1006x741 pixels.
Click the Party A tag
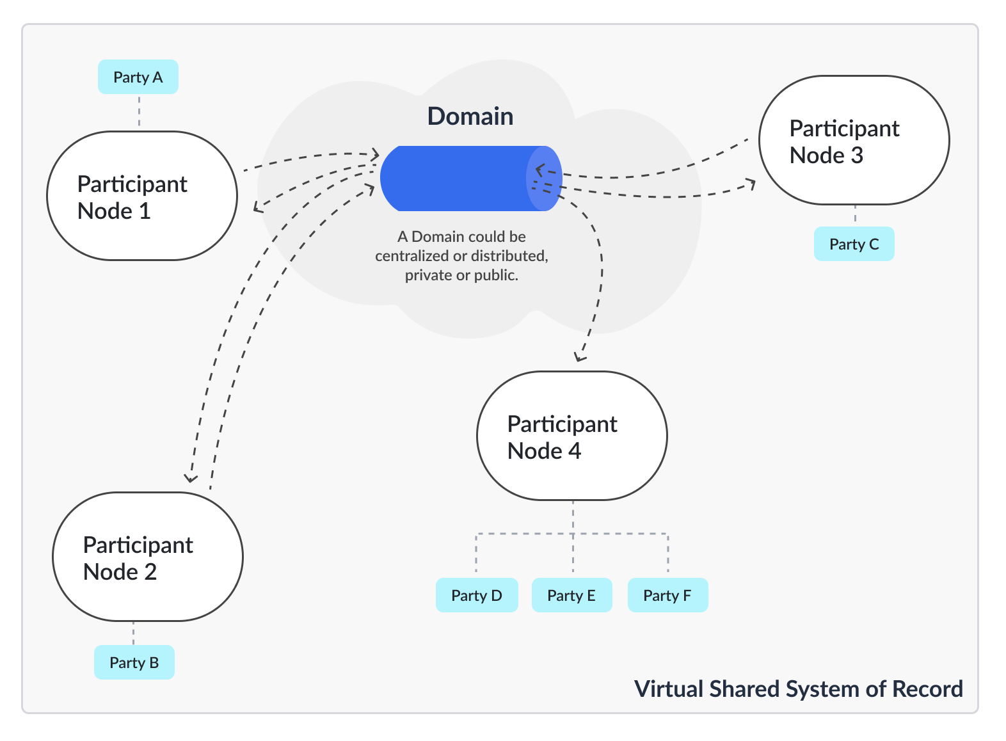pyautogui.click(x=138, y=77)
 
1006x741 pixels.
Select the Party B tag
pyautogui.click(x=134, y=662)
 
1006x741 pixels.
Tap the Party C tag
pyautogui.click(x=854, y=244)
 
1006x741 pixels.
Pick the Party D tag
pyautogui.click(x=476, y=595)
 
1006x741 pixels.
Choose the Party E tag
pyautogui.click(x=571, y=595)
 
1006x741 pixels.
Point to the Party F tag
pyautogui.click(x=667, y=595)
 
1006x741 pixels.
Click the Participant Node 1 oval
pyautogui.click(x=142, y=196)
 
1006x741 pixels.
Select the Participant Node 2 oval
pyautogui.click(x=147, y=557)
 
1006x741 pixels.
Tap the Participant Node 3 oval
pyautogui.click(x=854, y=140)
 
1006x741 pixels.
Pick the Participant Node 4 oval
pyautogui.click(x=571, y=436)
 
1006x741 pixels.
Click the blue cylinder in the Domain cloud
pyautogui.click(x=461, y=179)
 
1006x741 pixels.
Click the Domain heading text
pyautogui.click(x=470, y=116)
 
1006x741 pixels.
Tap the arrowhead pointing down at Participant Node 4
pyautogui.click(x=579, y=357)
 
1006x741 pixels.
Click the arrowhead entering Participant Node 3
pyautogui.click(x=751, y=185)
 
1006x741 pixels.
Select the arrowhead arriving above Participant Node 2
pyautogui.click(x=189, y=478)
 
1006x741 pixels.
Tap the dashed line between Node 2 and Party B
pyautogui.click(x=133, y=633)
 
